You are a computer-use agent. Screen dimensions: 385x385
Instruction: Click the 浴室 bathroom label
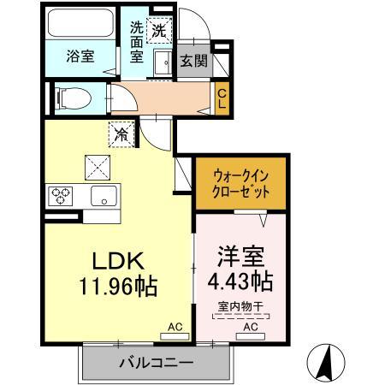click(x=80, y=56)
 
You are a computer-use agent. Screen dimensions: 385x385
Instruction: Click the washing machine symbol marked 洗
click(x=157, y=29)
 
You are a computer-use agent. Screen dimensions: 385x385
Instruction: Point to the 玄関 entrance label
click(x=192, y=62)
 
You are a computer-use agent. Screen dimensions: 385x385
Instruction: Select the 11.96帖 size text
click(x=119, y=287)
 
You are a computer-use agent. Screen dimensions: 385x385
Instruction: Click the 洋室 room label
click(x=238, y=256)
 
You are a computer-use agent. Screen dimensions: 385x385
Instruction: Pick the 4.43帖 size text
click(x=240, y=281)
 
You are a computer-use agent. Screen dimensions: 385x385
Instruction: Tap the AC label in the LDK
click(x=174, y=327)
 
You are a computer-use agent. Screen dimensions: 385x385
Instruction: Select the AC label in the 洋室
click(x=250, y=327)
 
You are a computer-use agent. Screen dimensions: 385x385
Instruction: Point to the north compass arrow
click(x=325, y=361)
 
